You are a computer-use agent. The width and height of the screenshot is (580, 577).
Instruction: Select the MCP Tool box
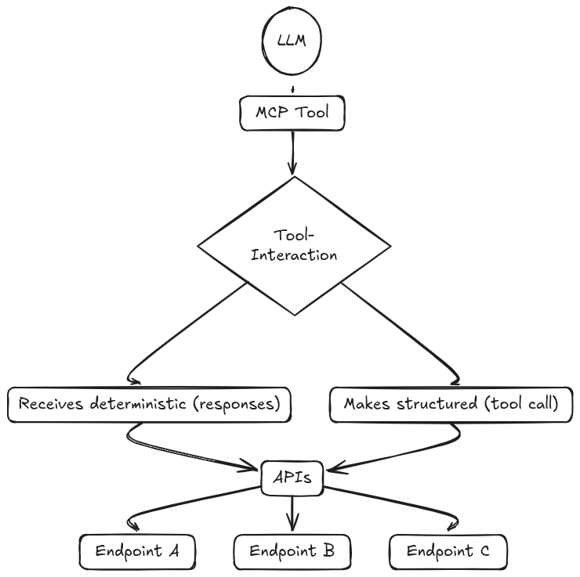(x=292, y=113)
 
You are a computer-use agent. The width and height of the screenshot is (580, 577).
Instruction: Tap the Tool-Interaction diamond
(x=293, y=245)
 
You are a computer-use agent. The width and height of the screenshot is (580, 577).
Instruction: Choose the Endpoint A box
(x=137, y=551)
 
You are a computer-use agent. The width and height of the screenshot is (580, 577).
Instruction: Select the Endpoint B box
(x=292, y=551)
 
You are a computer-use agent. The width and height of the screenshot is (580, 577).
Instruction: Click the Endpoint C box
(x=448, y=551)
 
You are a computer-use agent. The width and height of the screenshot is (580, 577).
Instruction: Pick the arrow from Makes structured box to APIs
(x=408, y=454)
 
